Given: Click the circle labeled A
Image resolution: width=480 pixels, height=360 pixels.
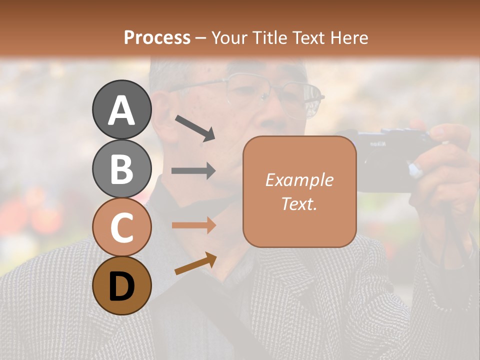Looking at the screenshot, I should coord(121,109).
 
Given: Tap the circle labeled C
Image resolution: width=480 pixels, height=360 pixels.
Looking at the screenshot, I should coord(121,227).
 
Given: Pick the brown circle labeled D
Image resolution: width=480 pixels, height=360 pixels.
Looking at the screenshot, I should coord(121,285).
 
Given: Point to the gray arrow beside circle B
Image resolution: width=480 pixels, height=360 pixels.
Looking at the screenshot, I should coord(193,170).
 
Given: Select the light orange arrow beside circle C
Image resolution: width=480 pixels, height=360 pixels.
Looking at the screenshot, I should coord(193,225).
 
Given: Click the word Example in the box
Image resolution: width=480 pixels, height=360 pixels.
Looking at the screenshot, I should coord(299,180).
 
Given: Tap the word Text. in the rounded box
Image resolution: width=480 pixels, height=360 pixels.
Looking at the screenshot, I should coord(299,203).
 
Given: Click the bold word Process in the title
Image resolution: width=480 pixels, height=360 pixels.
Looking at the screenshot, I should coord(157,37).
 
